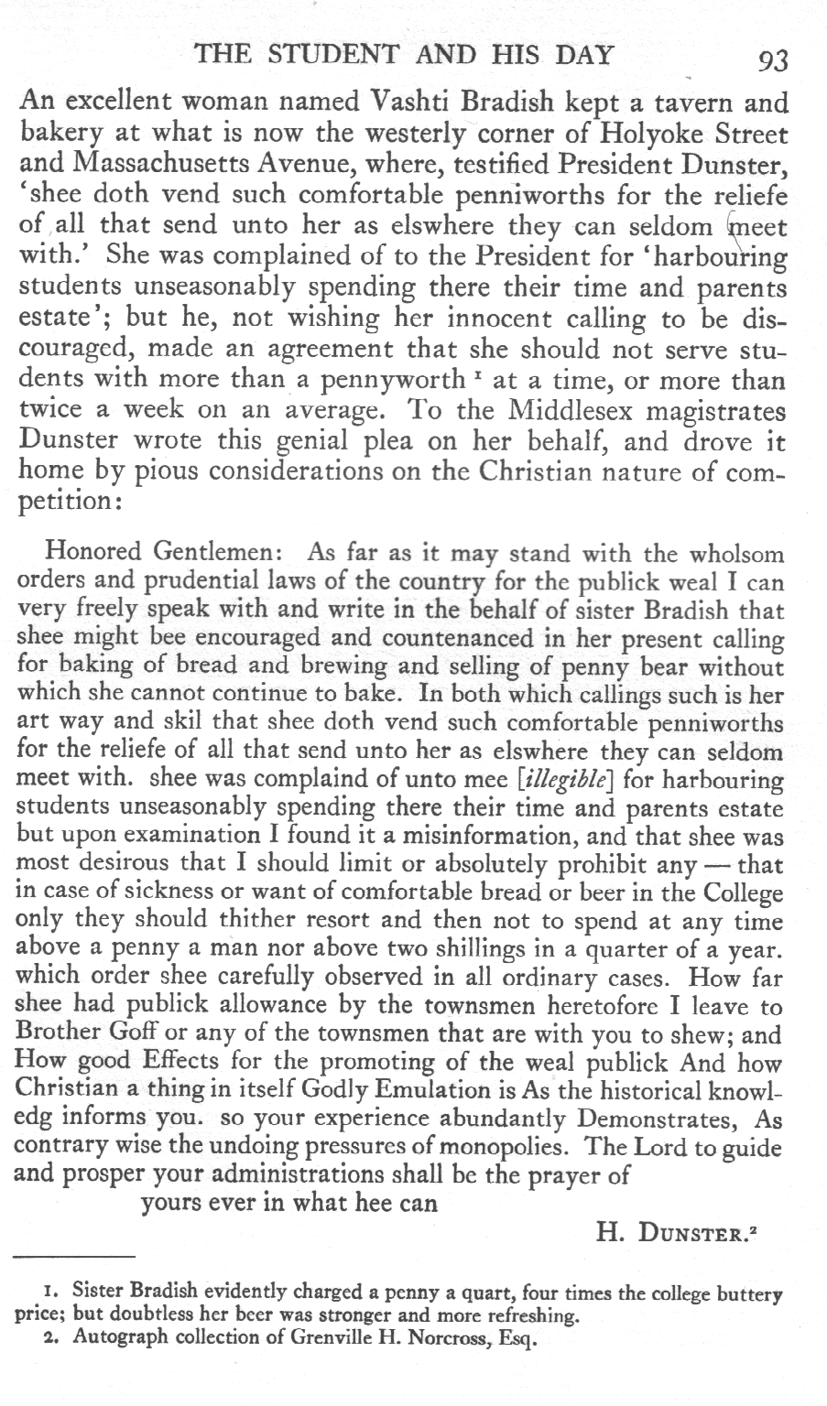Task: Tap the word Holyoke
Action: point(652,135)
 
